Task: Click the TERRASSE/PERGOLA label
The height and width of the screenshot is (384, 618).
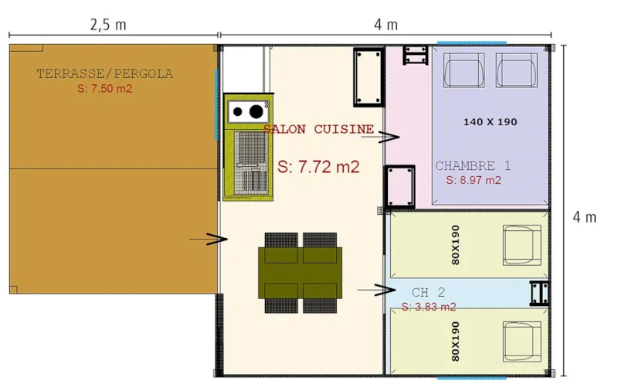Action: point(105,74)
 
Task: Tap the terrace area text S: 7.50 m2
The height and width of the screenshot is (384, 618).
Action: point(105,89)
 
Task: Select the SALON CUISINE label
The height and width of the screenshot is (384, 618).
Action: point(318,129)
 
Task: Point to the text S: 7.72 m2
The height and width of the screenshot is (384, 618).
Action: point(318,167)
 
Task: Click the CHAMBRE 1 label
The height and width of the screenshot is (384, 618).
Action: point(473,165)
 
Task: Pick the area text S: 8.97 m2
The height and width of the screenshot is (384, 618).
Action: point(474,180)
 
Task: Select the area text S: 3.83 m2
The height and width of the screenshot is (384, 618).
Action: point(429,307)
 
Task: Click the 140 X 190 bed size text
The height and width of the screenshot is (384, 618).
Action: point(490,122)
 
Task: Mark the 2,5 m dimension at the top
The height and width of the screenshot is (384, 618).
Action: point(108,24)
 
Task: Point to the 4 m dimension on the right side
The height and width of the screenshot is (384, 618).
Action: point(584,217)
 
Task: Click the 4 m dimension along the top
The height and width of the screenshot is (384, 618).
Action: point(385,24)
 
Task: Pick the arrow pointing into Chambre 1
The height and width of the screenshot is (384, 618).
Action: point(379,137)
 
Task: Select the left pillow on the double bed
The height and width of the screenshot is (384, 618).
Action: point(462,71)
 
